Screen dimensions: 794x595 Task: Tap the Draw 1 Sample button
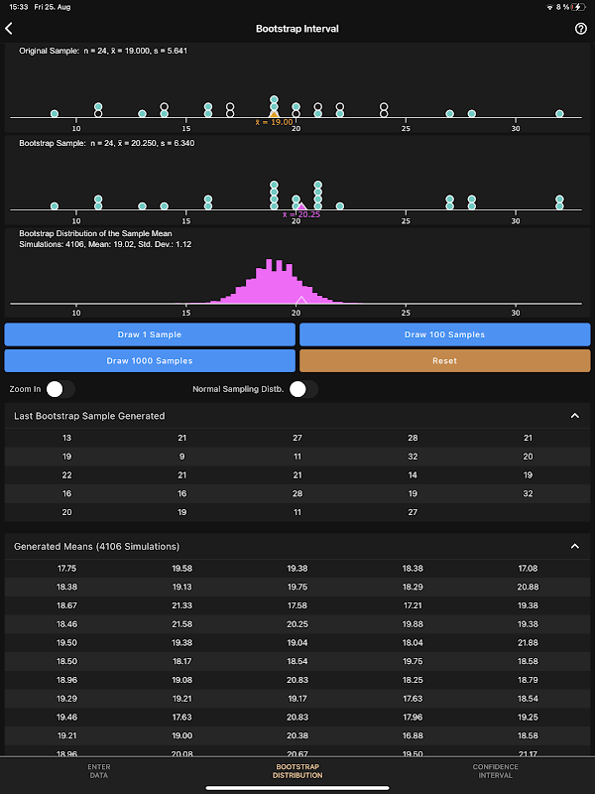click(150, 334)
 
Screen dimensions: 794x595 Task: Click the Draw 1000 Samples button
click(150, 360)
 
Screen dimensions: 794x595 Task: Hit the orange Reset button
click(444, 360)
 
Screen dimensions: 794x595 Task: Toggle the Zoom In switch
click(59, 389)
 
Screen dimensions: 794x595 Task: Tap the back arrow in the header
click(10, 29)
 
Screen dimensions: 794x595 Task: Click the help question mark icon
click(581, 29)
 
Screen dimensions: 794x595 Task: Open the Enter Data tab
click(99, 771)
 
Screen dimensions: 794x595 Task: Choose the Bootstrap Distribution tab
click(297, 771)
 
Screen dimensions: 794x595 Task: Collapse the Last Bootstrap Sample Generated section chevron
click(575, 416)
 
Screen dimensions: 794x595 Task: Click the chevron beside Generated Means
click(575, 547)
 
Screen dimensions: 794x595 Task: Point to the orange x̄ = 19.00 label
click(275, 122)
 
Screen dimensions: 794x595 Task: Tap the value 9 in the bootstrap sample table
click(181, 457)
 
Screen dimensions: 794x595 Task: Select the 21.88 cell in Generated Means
click(528, 643)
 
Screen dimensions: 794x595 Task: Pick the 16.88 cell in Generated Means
click(413, 736)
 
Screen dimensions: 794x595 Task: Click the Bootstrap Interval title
click(297, 29)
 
